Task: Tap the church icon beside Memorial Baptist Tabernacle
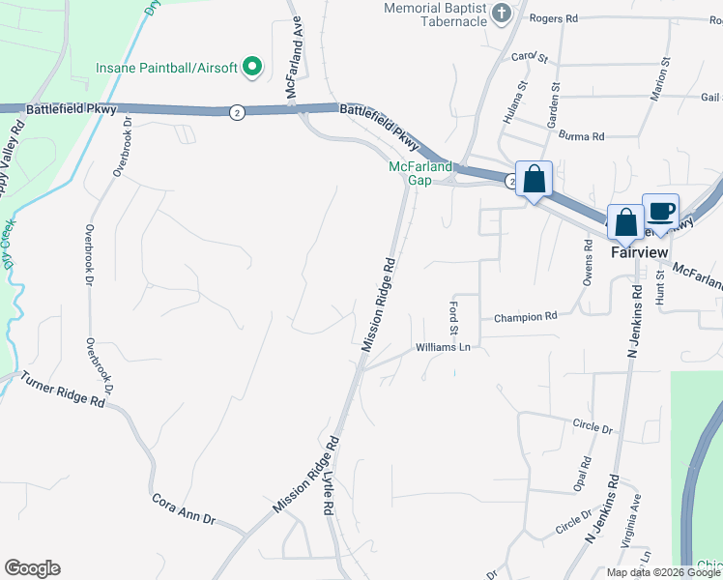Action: (501, 14)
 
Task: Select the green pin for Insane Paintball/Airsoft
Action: (252, 67)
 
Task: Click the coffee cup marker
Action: (661, 212)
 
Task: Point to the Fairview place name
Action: (639, 251)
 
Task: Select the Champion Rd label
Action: (526, 316)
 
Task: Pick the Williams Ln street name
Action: (443, 347)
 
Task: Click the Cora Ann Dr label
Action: (183, 509)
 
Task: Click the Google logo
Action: (32, 568)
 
